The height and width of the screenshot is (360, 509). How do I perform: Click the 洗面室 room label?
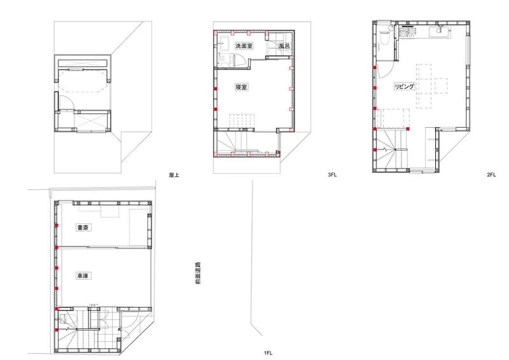pyautogui.click(x=244, y=46)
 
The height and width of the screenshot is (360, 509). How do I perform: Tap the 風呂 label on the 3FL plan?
pyautogui.click(x=284, y=46)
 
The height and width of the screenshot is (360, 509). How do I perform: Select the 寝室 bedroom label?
pyautogui.click(x=241, y=87)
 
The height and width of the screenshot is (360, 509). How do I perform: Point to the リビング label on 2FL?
pyautogui.click(x=404, y=87)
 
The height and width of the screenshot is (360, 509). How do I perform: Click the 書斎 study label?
pyautogui.click(x=83, y=227)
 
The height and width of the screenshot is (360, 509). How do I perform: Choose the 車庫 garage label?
pyautogui.click(x=83, y=276)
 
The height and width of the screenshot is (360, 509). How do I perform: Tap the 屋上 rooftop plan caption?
pyautogui.click(x=174, y=175)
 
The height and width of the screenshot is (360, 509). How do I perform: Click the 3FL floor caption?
pyautogui.click(x=332, y=175)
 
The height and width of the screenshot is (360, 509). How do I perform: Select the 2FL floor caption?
pyautogui.click(x=491, y=175)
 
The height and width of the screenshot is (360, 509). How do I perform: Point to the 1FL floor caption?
pyautogui.click(x=268, y=353)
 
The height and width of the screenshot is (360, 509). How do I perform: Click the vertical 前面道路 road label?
pyautogui.click(x=198, y=273)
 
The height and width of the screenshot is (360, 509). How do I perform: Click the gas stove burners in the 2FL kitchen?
pyautogui.click(x=408, y=32)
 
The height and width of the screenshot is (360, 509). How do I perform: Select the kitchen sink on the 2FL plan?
pyautogui.click(x=440, y=32)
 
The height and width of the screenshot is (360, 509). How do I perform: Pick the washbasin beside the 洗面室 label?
pyautogui.click(x=225, y=43)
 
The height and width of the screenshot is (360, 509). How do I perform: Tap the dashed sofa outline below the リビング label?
pyautogui.click(x=396, y=119)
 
